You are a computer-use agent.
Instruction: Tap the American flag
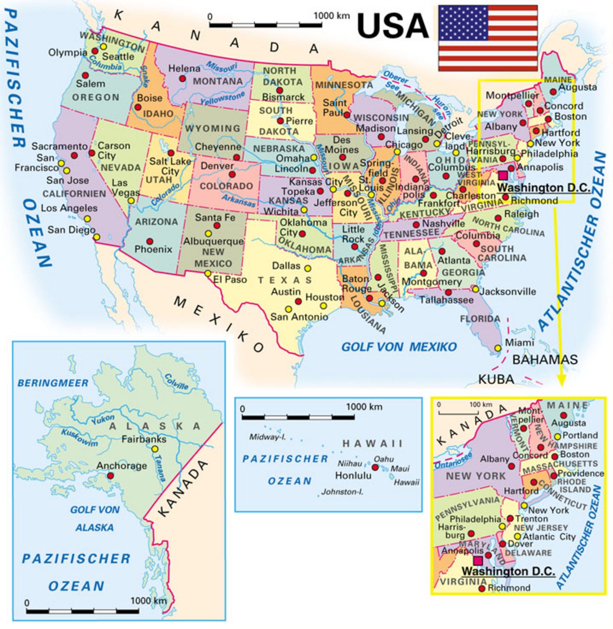(x=488, y=38)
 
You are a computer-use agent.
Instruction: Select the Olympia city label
(x=67, y=52)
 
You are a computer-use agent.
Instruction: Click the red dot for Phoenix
(x=150, y=242)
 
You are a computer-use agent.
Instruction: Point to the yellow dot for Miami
(x=497, y=348)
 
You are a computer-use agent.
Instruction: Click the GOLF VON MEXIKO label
(x=399, y=347)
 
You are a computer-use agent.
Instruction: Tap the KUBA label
(x=496, y=379)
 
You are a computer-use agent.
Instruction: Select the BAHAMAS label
(x=545, y=359)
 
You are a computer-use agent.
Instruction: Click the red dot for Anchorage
(x=110, y=475)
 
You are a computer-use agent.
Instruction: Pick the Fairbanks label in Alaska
(x=144, y=439)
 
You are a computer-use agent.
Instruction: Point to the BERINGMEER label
(x=53, y=383)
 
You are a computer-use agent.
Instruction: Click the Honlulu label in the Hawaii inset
(x=353, y=475)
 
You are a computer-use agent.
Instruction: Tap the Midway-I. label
(x=267, y=437)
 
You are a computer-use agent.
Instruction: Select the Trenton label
(x=531, y=519)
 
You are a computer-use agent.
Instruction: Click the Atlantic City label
(x=549, y=537)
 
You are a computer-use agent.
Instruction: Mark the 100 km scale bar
(x=458, y=412)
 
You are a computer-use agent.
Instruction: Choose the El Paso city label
(x=229, y=279)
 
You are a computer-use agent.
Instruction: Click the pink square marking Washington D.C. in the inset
(x=477, y=560)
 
